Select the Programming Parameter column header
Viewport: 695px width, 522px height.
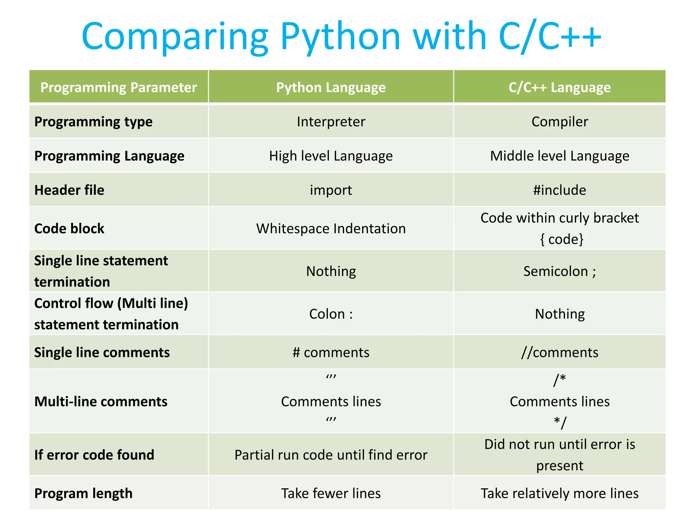click(x=118, y=87)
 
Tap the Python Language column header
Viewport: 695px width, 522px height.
click(x=331, y=87)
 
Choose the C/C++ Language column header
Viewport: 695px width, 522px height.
click(x=560, y=87)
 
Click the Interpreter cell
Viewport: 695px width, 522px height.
click(x=331, y=122)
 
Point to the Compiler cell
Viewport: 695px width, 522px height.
click(x=560, y=122)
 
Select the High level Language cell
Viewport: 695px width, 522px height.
click(x=331, y=156)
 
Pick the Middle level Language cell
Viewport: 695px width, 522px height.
click(x=560, y=156)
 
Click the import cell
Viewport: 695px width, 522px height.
click(x=331, y=190)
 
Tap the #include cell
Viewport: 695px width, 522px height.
click(x=560, y=190)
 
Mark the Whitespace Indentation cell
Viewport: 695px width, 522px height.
click(x=331, y=228)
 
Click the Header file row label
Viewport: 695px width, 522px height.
click(x=70, y=190)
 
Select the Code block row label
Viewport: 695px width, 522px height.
click(x=70, y=228)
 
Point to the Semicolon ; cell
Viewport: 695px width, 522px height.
click(x=560, y=271)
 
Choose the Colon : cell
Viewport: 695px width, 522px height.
click(x=331, y=314)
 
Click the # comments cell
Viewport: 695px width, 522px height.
click(x=331, y=352)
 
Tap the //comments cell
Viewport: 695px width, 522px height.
click(x=560, y=352)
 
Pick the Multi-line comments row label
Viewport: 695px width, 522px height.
click(x=101, y=401)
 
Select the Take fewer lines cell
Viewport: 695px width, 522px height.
click(x=331, y=493)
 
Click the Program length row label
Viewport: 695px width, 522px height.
click(x=83, y=493)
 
